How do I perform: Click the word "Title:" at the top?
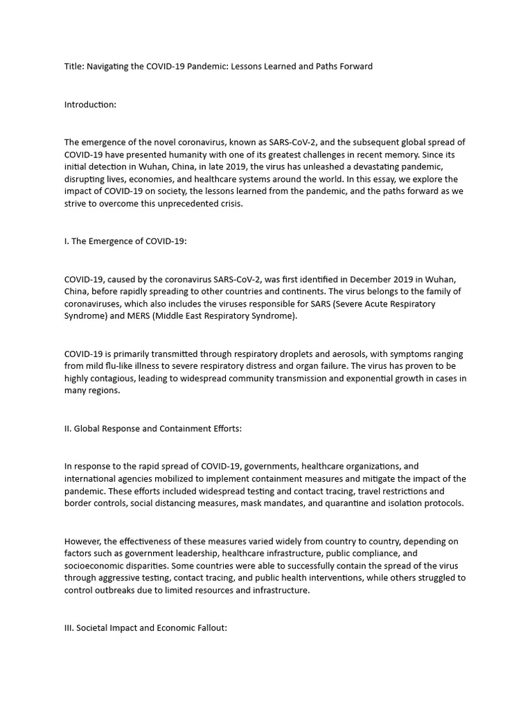75,67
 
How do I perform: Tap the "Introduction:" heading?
90,105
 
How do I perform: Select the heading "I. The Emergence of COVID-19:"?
124,242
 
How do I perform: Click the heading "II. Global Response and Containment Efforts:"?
153,428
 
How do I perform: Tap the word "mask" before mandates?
251,503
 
